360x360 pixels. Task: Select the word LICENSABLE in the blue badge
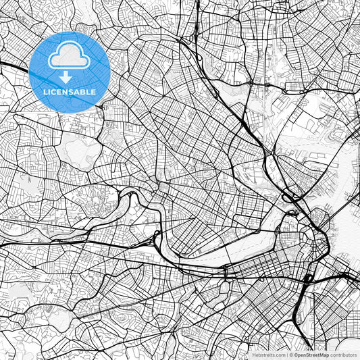tap(70, 91)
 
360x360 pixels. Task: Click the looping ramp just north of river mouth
tap(292, 197)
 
